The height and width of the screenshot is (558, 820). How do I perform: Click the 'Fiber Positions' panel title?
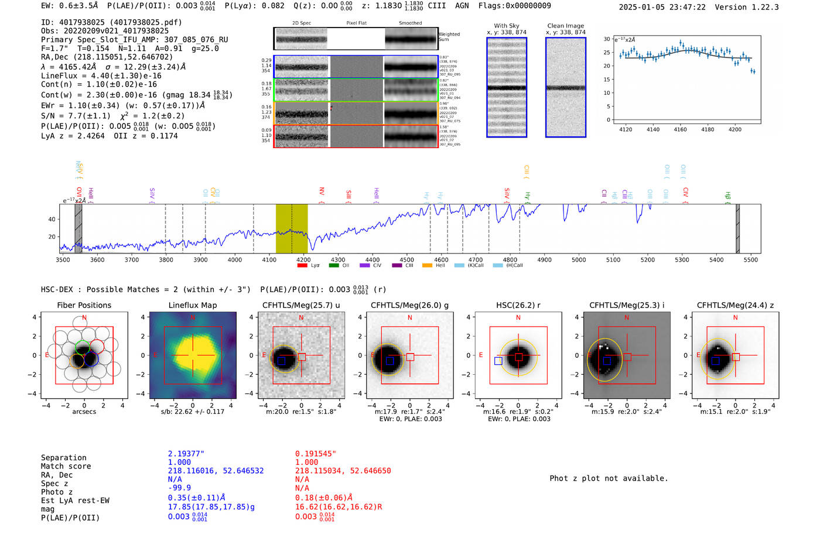coord(84,305)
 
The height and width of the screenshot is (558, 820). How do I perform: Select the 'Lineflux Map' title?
coord(192,305)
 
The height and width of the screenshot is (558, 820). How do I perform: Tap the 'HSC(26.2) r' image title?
coord(518,305)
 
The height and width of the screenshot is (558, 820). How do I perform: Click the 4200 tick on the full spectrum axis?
coord(303,259)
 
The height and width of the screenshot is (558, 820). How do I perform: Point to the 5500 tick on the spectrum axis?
coord(751,259)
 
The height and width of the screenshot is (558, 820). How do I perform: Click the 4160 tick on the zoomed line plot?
coord(680,129)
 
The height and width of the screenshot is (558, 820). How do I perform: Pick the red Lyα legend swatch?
coord(302,266)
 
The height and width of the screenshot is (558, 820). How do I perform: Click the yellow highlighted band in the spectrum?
coord(292,228)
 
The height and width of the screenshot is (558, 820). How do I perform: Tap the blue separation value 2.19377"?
coord(186,454)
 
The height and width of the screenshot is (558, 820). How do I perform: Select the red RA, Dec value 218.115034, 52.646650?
coord(343,471)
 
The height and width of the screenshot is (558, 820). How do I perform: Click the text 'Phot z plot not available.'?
coord(609,478)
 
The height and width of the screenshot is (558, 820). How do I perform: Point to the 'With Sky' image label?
coord(506,26)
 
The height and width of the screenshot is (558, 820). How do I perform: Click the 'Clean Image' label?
coord(565,26)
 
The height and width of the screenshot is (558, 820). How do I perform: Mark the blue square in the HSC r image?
coord(498,361)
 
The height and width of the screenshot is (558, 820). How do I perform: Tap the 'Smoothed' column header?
coord(410,23)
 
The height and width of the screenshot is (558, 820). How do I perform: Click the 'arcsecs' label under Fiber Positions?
coord(84,412)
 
